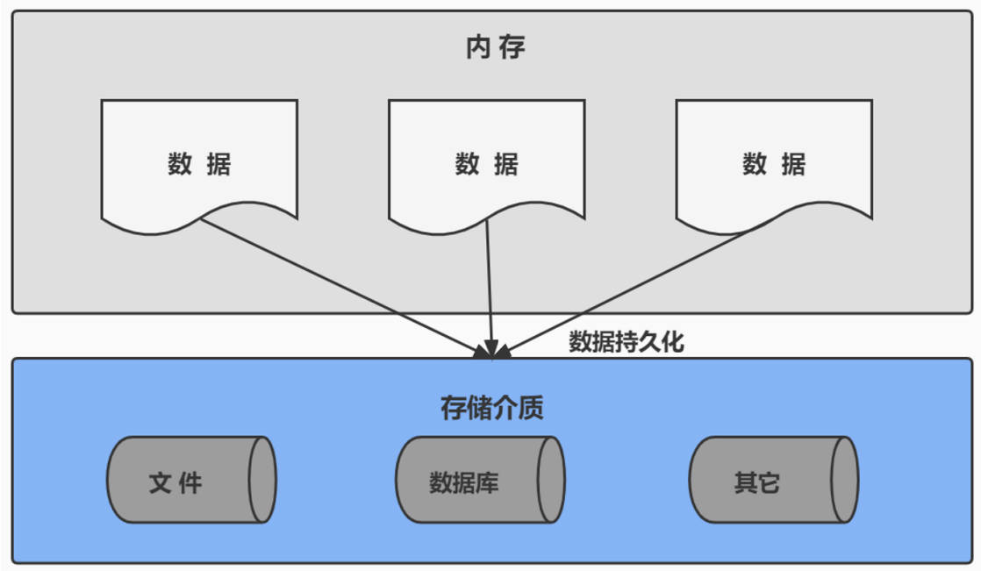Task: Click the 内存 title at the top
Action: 495,47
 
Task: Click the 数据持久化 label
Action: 627,341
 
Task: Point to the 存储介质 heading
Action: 491,408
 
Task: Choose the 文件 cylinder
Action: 191,480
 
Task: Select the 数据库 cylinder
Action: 481,480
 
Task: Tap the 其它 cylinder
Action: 774,480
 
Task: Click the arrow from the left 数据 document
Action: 344,288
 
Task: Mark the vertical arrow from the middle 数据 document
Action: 490,289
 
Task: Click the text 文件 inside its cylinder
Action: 175,482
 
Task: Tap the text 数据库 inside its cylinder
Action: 463,482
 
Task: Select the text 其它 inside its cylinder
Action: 757,482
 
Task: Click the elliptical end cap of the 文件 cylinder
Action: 262,480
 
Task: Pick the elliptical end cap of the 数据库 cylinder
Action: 551,480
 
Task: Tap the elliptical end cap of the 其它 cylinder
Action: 845,480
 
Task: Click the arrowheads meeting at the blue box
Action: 492,351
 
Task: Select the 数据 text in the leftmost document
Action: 199,164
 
